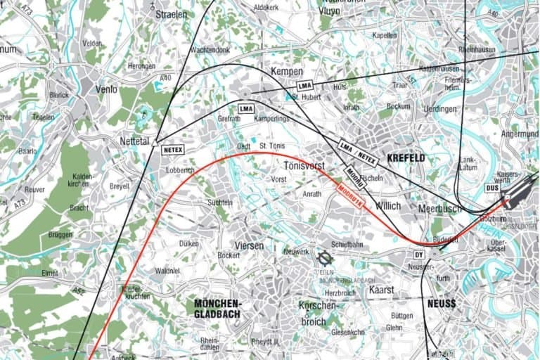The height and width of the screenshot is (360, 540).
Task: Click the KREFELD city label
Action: click(x=405, y=158)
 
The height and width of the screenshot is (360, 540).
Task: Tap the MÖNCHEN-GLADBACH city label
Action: click(x=217, y=308)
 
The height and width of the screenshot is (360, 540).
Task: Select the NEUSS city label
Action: click(x=441, y=304)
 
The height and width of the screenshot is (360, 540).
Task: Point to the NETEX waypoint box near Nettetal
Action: click(x=172, y=150)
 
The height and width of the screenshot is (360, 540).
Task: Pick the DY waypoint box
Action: click(x=418, y=255)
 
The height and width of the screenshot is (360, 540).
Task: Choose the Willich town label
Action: click(x=387, y=206)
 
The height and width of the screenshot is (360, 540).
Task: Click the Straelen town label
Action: click(x=172, y=13)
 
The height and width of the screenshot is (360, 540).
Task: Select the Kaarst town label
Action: click(x=380, y=289)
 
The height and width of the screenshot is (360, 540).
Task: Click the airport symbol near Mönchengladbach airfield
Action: click(x=324, y=258)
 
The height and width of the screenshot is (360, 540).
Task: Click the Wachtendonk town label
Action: click(x=210, y=50)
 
